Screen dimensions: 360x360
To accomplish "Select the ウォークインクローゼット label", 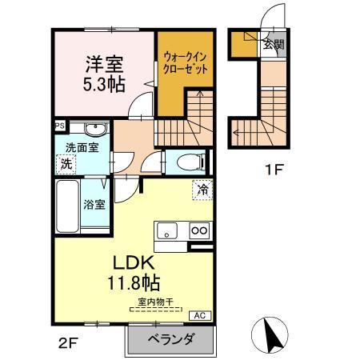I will tap(186, 63).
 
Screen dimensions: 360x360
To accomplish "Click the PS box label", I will tap(59, 126).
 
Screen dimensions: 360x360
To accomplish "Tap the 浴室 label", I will tap(94, 204).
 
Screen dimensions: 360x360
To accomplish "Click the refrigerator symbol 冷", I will tap(204, 190).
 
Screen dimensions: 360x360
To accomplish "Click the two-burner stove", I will tap(199, 231).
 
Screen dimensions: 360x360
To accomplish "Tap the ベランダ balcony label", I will tap(171, 340).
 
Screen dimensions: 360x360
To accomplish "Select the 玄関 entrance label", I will tap(273, 46).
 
